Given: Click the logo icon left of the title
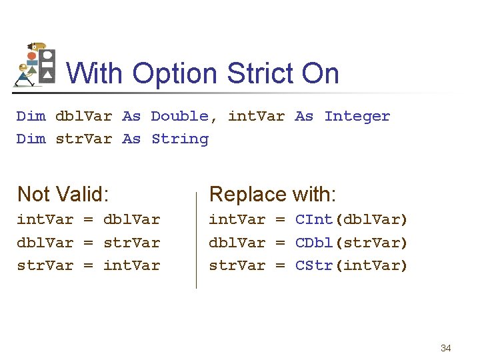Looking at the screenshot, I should (x=35, y=65).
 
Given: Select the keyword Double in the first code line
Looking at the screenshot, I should (x=179, y=116).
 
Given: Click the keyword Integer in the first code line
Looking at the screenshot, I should (x=357, y=116).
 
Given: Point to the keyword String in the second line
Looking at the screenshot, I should (x=179, y=139).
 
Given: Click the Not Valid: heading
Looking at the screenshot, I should (x=63, y=194).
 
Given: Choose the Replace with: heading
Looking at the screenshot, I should (x=273, y=194).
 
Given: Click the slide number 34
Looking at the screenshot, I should (x=446, y=348).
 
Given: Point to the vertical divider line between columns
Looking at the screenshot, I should (x=196, y=240).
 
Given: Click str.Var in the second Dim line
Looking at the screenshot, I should (x=83, y=139).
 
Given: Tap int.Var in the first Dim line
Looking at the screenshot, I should (x=256, y=116).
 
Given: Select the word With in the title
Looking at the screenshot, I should (x=93, y=73).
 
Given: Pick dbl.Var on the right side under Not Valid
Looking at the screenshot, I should (x=131, y=219).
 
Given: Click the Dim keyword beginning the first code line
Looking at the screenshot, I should (x=31, y=116).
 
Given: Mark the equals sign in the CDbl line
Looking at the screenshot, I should (x=281, y=243).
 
